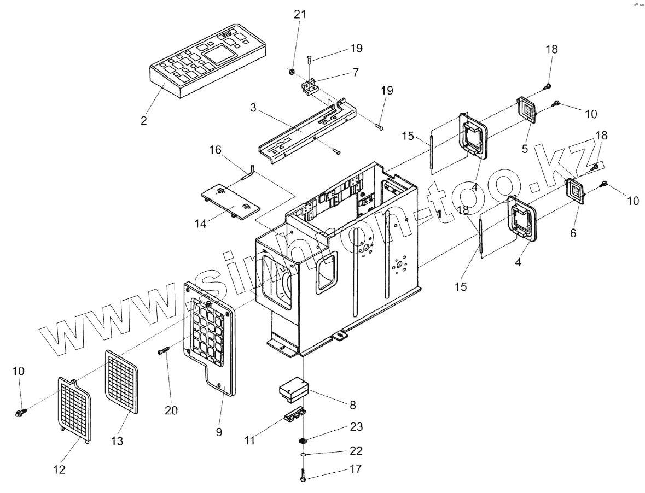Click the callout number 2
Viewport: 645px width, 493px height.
(144, 121)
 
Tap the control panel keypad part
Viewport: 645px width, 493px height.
(208, 61)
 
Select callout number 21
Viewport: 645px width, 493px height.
(299, 15)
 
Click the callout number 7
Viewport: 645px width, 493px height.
(355, 73)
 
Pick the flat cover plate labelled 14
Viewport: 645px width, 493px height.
(230, 201)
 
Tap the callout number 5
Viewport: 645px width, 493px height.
(524, 149)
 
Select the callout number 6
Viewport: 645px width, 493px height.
(573, 233)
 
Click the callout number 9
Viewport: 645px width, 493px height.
(219, 432)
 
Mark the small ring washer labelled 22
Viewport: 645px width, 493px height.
(303, 454)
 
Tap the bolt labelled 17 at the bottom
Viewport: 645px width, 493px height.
(303, 475)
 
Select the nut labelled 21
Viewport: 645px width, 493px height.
(292, 72)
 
